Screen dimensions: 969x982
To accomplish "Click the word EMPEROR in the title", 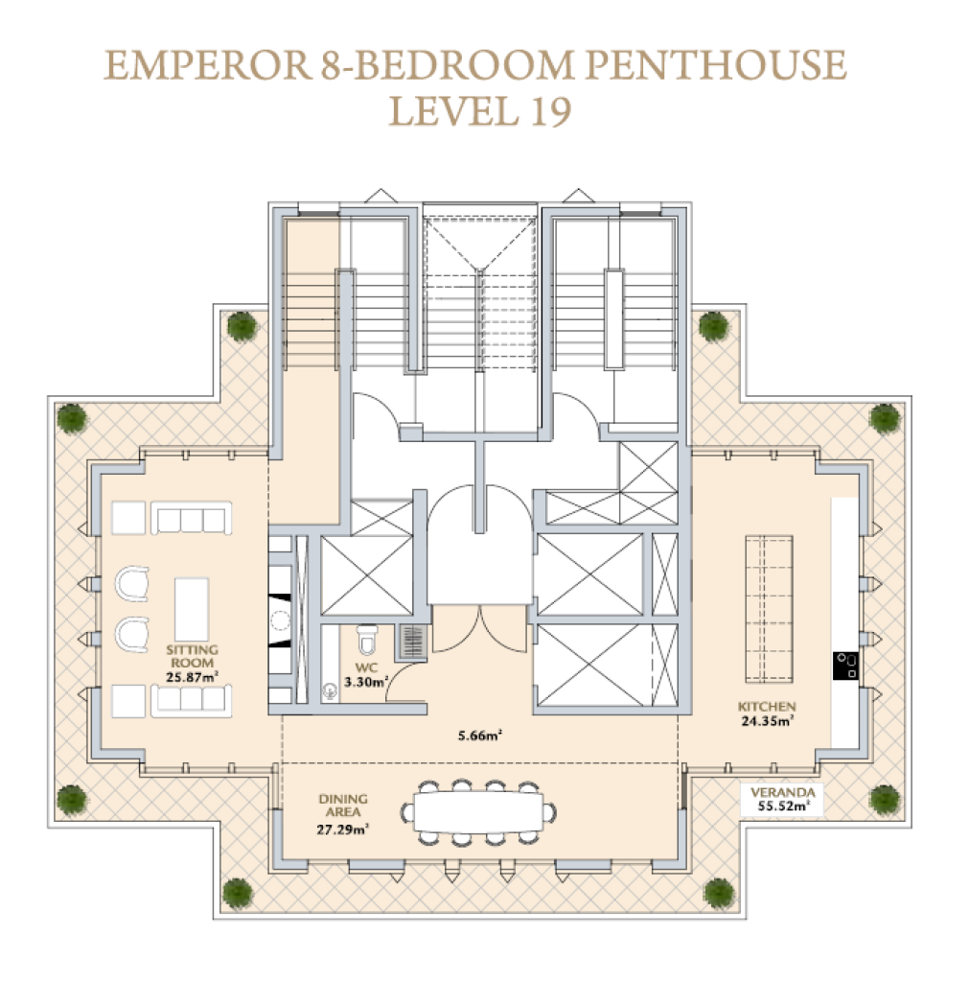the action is pos(208,65).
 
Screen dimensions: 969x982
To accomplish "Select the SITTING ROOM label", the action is pos(193,656).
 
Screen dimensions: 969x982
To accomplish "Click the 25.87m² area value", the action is pos(193,677).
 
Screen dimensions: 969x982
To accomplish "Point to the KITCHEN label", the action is pos(767,707).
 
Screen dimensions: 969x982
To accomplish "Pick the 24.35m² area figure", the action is pos(768,721).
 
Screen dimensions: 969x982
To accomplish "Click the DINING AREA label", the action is pos(343,806).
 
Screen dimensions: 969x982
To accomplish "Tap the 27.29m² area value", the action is pos(342,830).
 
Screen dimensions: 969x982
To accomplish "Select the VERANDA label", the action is pos(782,792).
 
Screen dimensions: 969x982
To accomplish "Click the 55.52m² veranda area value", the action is pos(782,806).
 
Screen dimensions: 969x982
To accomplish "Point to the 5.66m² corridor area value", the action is pos(480,736).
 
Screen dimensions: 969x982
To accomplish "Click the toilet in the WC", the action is pos(367,638).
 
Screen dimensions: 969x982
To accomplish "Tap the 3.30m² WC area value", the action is pos(366,682).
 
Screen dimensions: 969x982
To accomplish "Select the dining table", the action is pos(479,813).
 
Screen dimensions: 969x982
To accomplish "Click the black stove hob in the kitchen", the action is pos(845,666).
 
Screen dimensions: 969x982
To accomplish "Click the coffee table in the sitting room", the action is pos(192,609).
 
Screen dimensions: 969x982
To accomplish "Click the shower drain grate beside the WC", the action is pos(412,642).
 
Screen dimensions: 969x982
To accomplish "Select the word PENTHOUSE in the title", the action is pos(715,65).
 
